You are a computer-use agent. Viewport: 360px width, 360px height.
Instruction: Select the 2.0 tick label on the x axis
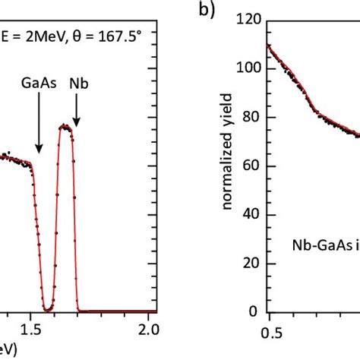148,329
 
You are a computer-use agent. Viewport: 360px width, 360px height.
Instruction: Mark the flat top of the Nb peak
67,127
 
